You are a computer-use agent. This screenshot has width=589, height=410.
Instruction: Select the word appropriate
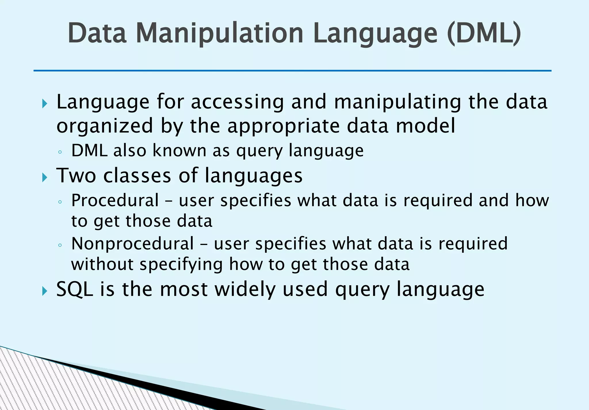pos(284,127)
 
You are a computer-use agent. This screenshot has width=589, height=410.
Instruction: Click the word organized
pos(105,127)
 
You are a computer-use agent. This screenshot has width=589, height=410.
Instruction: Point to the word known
pos(179,151)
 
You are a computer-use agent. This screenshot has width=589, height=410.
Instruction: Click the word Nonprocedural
pos(133,244)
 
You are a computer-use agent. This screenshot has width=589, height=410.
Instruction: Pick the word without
pos(102,264)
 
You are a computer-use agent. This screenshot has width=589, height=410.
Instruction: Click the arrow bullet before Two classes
pos(44,177)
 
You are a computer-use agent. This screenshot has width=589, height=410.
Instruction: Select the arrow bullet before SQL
pos(44,291)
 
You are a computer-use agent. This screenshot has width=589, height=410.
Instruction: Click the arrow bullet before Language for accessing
pos(44,104)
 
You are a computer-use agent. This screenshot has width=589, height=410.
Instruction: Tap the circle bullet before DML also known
pos(60,152)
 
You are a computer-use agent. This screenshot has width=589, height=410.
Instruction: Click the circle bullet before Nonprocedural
pos(60,245)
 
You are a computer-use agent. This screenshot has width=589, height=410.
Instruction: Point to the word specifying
pos(181,265)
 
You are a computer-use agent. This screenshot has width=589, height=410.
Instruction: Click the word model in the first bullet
pos(426,127)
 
